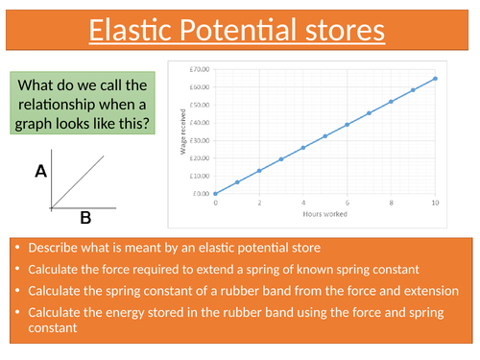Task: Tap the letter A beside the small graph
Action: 40,172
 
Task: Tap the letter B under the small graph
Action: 84,218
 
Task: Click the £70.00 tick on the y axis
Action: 200,69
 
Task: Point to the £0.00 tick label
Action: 201,193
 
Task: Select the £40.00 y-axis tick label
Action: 200,122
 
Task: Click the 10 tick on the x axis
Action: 435,203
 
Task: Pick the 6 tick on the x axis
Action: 348,203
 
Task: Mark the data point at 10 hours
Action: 435,79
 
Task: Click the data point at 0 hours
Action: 215,193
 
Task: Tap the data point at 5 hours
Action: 325,136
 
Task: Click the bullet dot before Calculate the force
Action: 18,268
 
